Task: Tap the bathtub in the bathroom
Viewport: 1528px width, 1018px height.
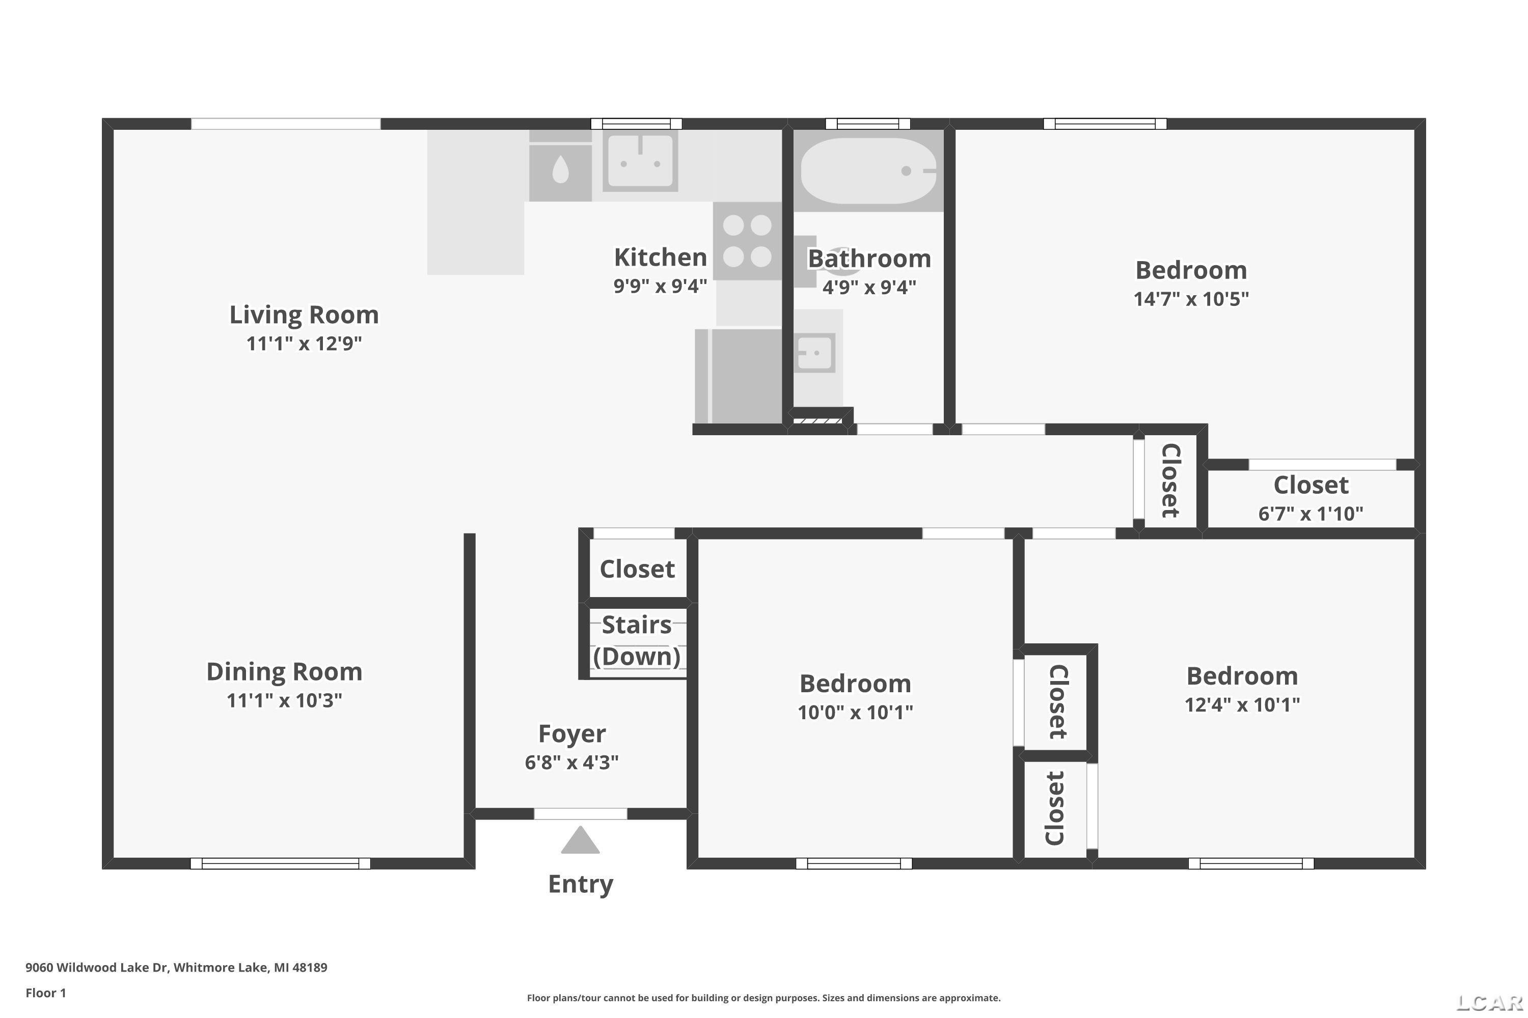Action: pyautogui.click(x=868, y=171)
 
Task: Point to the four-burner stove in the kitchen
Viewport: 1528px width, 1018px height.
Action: pyautogui.click(x=747, y=241)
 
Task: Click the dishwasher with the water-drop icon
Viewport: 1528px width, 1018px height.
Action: pyautogui.click(x=560, y=172)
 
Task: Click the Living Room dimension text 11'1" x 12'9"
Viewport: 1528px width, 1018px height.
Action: pyautogui.click(x=304, y=344)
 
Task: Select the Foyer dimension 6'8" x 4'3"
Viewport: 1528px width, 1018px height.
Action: pyautogui.click(x=571, y=761)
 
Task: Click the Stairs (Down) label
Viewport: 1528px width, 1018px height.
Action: pyautogui.click(x=637, y=640)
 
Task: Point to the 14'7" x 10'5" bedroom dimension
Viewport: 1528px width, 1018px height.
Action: pyautogui.click(x=1191, y=299)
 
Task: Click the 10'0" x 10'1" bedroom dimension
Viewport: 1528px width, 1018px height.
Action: pyautogui.click(x=856, y=712)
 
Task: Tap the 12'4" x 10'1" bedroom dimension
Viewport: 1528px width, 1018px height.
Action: pyautogui.click(x=1243, y=704)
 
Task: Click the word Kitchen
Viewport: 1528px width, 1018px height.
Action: pyautogui.click(x=661, y=257)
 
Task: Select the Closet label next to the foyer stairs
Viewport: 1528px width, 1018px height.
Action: pyautogui.click(x=637, y=569)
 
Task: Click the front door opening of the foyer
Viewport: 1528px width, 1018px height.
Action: pyautogui.click(x=580, y=813)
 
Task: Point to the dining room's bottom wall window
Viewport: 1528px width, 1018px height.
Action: pyautogui.click(x=280, y=863)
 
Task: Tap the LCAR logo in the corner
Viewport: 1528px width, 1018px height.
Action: pyautogui.click(x=1490, y=1003)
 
